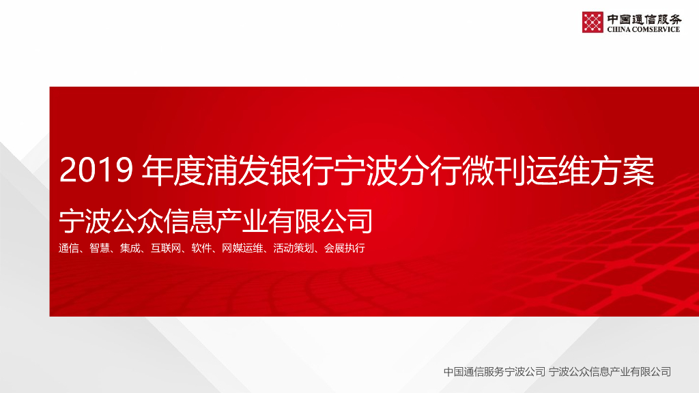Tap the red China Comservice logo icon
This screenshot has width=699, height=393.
593,23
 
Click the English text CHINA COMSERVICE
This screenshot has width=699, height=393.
644,29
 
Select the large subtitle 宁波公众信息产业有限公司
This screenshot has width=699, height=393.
216,220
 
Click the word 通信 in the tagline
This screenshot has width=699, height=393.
69,248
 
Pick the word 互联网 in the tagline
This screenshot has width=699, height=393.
165,248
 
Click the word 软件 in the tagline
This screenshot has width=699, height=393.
201,248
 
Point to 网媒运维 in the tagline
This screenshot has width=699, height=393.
242,248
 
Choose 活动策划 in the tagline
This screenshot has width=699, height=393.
294,248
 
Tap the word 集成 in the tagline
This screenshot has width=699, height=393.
130,248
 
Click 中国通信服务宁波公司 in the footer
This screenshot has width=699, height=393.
494,372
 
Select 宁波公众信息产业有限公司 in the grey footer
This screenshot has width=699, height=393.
610,372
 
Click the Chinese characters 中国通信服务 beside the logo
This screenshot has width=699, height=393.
644,18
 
